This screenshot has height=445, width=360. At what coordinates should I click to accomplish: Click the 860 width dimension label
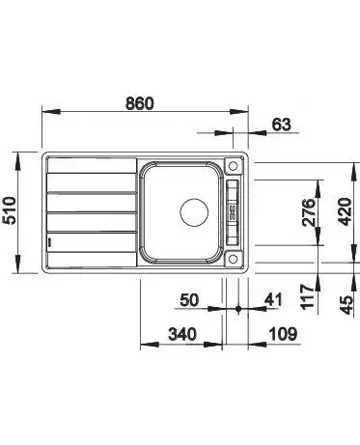(x=140, y=103)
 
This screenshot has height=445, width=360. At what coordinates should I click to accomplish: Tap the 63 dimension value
(x=282, y=125)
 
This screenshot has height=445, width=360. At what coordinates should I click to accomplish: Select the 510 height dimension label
(x=10, y=210)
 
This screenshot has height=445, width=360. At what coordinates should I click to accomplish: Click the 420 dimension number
(x=345, y=211)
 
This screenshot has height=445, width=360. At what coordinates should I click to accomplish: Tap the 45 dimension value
(x=346, y=305)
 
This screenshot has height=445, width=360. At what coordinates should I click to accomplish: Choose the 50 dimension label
(x=189, y=300)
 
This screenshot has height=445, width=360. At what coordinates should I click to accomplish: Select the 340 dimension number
(x=182, y=334)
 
